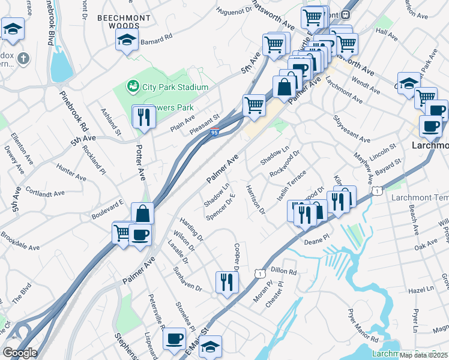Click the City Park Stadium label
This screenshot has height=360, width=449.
coord(175,87)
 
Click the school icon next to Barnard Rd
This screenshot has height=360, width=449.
coord(127,41)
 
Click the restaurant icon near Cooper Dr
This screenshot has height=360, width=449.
coord(226,281)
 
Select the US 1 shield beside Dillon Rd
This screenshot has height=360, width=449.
coord(259,274)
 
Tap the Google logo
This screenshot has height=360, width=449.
coord(19,353)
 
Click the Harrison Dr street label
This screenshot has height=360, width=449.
coord(255,199)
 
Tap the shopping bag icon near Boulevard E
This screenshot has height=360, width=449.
coord(143,213)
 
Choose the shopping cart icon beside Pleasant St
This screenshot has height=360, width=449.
coord(254,105)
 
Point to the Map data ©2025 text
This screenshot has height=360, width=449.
coord(424,355)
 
